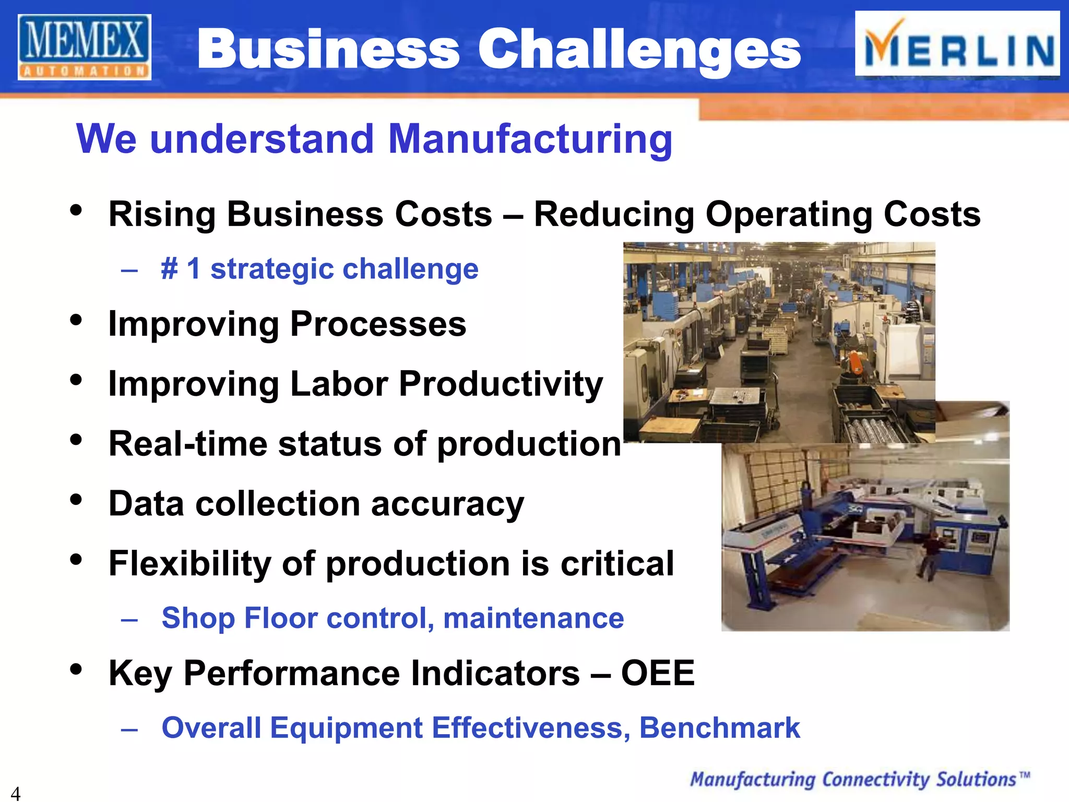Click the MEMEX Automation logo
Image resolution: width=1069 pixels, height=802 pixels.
point(85,47)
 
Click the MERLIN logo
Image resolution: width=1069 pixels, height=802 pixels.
point(957,44)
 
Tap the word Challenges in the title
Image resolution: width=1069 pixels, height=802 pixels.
point(639,49)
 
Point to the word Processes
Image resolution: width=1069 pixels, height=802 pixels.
point(378,324)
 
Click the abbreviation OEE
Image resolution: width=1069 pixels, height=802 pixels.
point(658,673)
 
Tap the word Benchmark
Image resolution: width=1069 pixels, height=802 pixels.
point(719,728)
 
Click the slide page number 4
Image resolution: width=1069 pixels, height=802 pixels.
point(16,793)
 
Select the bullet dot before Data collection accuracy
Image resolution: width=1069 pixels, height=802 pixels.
point(76,500)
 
